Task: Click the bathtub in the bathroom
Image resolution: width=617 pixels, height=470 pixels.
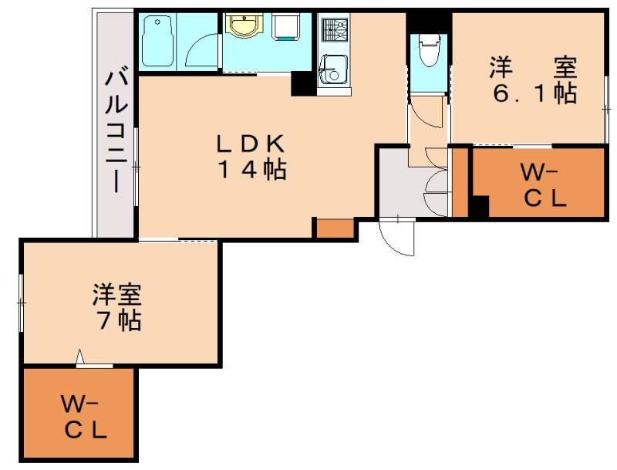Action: pos(157,41)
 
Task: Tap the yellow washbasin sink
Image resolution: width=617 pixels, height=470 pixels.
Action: pos(243,25)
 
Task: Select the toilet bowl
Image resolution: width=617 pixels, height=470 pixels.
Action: pos(429,50)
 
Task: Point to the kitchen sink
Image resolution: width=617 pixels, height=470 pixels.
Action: pos(334,69)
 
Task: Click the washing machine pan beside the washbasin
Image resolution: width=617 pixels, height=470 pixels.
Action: pos(286,26)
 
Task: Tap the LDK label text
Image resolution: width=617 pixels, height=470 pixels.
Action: pos(250,144)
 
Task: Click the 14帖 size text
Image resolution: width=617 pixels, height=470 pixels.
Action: pos(252,169)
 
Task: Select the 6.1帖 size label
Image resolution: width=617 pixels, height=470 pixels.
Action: pos(534,93)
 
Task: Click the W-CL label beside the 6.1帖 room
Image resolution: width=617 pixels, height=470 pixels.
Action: pos(543,186)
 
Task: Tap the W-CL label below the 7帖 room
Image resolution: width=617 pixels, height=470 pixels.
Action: pos(84,418)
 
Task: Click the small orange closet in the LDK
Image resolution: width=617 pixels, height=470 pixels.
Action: pos(335,228)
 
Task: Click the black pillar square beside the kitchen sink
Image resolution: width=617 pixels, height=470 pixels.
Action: pos(303,84)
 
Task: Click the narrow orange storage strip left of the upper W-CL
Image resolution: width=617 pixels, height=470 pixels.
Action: pos(460,182)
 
